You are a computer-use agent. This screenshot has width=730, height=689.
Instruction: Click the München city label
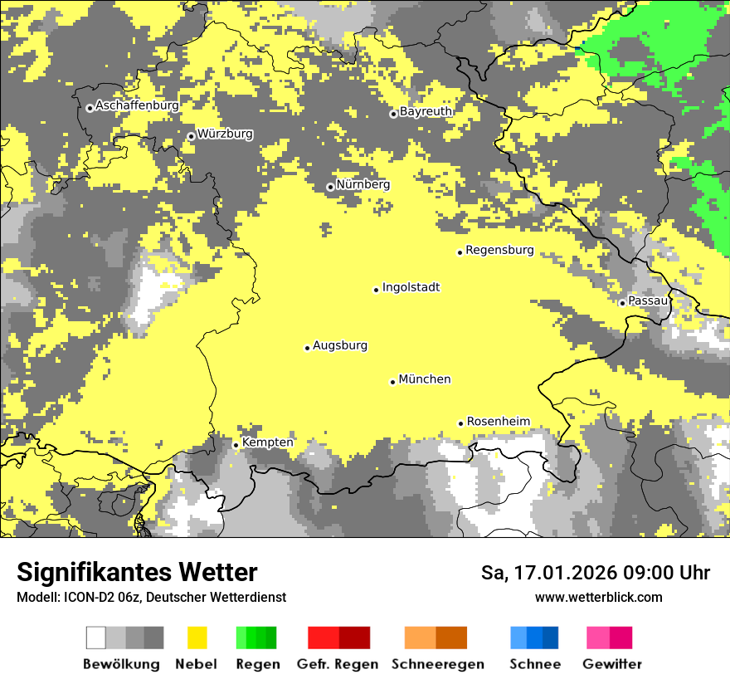tap(425, 379)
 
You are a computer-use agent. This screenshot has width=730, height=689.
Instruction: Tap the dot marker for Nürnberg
tap(330, 187)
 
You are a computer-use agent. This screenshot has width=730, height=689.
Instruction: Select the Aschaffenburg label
tap(137, 105)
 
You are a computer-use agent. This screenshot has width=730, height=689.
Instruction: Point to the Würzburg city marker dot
tap(191, 136)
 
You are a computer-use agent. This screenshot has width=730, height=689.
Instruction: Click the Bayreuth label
tap(426, 111)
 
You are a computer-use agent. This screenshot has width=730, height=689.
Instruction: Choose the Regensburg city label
tap(499, 250)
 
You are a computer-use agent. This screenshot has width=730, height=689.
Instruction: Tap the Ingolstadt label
tap(411, 287)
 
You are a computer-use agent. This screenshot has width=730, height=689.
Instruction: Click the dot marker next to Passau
tap(622, 302)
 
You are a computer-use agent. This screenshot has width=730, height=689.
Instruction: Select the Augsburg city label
tap(340, 345)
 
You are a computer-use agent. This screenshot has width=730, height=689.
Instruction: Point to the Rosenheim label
tap(498, 422)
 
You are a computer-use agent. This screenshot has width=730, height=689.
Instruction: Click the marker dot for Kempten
tap(236, 445)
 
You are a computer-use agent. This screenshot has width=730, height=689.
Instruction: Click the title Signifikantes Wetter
tap(137, 572)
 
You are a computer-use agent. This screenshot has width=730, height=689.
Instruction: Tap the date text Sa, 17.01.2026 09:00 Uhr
tap(596, 573)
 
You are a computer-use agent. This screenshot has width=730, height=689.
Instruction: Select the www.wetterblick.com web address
tap(598, 597)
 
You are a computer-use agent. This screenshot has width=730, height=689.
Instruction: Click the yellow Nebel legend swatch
tap(197, 638)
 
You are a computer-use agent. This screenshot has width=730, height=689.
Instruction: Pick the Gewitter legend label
tap(611, 664)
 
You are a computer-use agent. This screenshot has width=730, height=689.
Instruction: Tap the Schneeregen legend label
tap(438, 664)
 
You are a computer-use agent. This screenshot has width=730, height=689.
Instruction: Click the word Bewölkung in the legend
tap(121, 664)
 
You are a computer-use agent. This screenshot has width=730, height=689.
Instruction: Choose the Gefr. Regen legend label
tap(337, 664)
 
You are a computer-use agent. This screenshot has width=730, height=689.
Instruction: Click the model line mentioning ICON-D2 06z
tap(151, 597)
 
